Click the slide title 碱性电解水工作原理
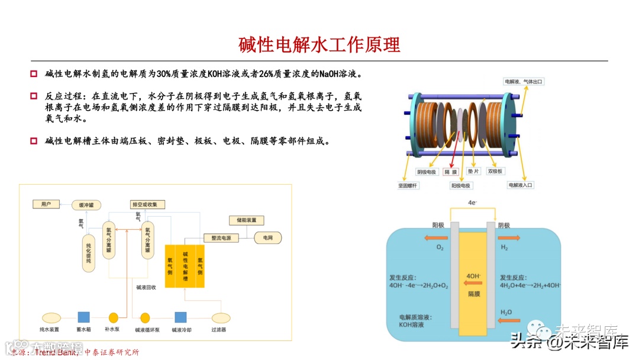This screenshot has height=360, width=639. tap(319, 44)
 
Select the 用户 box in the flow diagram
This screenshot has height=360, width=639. tap(46, 204)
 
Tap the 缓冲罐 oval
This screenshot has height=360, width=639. tap(86, 205)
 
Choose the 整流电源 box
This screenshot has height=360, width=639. tap(221, 237)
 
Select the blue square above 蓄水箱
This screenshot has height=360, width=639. tap(83, 317)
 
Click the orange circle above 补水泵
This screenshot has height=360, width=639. tap(114, 317)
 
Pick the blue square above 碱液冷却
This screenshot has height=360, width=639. tap(180, 317)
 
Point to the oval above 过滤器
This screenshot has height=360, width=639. tap(221, 317)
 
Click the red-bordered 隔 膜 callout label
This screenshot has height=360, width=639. tap(451, 172)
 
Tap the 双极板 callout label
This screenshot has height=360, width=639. tap(495, 171)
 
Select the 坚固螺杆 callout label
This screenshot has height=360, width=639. tap(408, 185)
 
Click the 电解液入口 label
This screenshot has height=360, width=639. tap(521, 185)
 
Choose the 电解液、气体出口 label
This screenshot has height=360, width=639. tap(524, 81)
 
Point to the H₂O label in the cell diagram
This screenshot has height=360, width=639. tap(506, 312)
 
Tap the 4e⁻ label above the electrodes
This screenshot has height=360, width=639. tap(472, 202)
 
